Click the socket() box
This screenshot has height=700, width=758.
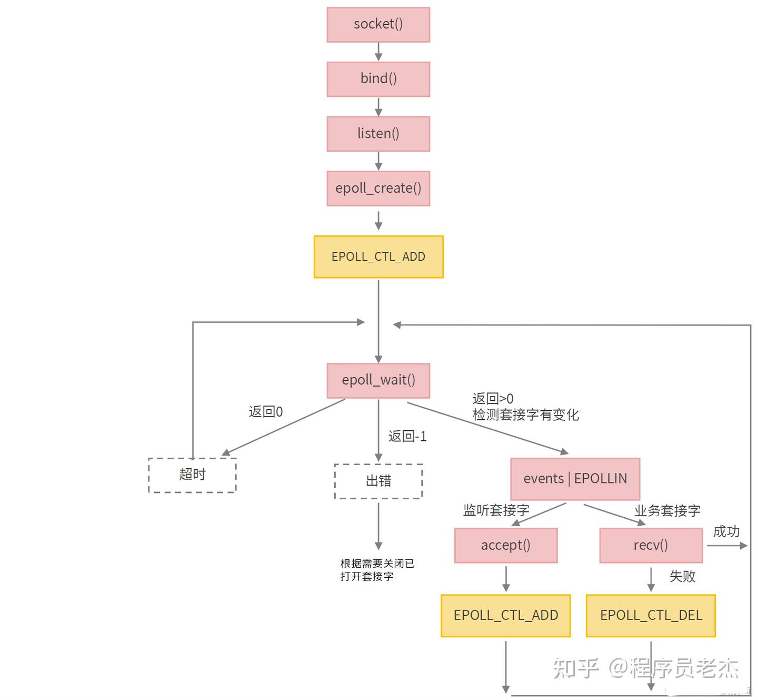click(378, 25)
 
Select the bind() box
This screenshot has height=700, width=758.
click(378, 79)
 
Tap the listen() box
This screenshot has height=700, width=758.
click(378, 134)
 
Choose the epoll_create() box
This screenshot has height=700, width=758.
click(378, 188)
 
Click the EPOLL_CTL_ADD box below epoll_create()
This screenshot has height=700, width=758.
click(378, 257)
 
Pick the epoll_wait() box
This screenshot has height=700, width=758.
click(378, 380)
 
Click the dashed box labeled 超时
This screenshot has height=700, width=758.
click(192, 475)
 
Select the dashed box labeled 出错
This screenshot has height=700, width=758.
click(378, 481)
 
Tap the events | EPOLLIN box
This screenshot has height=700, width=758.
click(575, 479)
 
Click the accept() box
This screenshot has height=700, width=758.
click(505, 545)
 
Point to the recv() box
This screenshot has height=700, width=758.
click(651, 545)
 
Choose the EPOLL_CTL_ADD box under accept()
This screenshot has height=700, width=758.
click(505, 615)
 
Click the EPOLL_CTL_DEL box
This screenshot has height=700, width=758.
click(651, 615)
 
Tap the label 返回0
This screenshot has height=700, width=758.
click(265, 412)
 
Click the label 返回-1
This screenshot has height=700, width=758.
click(407, 436)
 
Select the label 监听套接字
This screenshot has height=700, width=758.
click(496, 510)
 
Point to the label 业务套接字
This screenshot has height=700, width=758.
click(667, 510)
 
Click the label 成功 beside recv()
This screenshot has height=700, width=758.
click(726, 531)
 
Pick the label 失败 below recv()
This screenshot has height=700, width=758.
click(682, 576)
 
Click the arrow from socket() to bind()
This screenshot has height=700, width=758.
click(378, 52)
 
